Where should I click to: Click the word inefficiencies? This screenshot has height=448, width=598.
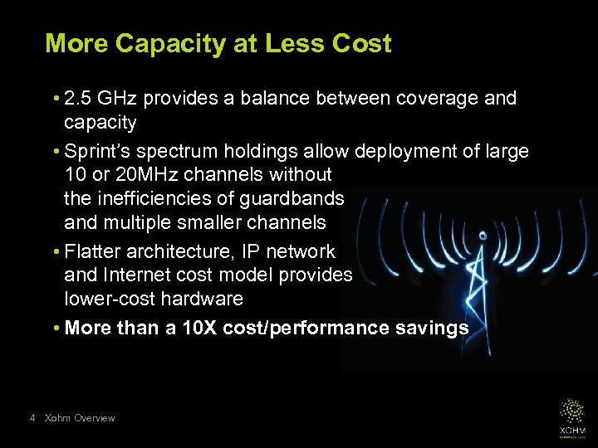click(166, 199)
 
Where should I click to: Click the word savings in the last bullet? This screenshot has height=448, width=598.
click(432, 329)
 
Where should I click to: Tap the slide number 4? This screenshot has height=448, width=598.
click(32, 419)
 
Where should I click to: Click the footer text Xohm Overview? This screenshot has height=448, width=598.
click(80, 419)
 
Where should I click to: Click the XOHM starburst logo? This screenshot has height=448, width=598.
click(571, 411)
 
